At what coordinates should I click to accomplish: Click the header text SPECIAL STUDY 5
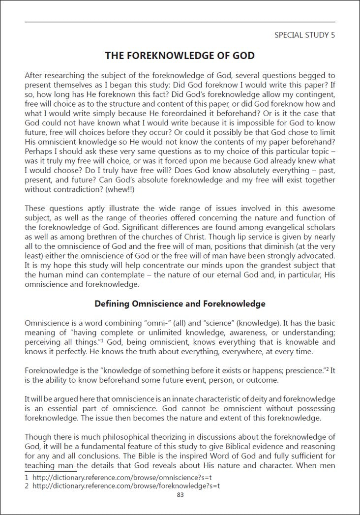click(x=305, y=35)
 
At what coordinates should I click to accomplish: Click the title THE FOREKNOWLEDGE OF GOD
click(x=180, y=56)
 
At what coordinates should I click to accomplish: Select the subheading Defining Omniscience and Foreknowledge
click(x=180, y=303)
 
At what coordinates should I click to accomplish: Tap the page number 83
click(x=180, y=495)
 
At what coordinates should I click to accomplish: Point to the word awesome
click(x=319, y=220)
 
